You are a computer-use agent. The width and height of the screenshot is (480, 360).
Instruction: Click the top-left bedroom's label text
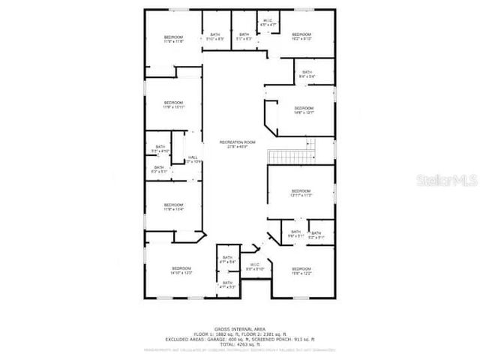173,39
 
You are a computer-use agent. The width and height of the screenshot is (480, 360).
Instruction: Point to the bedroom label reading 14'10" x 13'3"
182,271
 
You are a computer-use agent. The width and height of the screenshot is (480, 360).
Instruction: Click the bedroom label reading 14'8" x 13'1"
303,110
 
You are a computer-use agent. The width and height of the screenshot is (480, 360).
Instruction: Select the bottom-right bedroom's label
301,271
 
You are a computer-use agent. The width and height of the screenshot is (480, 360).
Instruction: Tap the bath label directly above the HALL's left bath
160,148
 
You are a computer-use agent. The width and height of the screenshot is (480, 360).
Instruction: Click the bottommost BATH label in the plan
227,284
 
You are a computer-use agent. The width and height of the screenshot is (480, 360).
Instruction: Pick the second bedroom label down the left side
173,104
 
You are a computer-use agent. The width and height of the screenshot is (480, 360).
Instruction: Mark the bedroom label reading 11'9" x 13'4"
173,207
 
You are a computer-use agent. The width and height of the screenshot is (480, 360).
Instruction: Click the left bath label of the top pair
215,36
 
